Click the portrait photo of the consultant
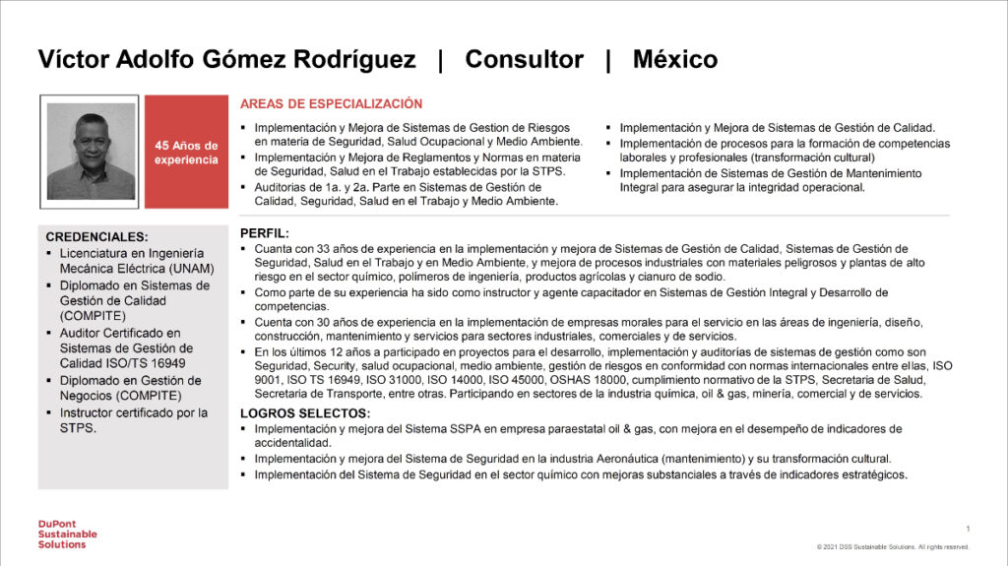click(x=91, y=152)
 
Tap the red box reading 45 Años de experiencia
click(x=186, y=152)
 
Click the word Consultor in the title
click(x=524, y=59)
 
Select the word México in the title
click(x=674, y=59)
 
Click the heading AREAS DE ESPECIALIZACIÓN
click(x=332, y=103)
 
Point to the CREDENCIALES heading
click(x=96, y=237)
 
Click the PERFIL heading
click(x=265, y=234)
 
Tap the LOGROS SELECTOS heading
click(x=305, y=413)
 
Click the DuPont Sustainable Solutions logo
click(x=61, y=533)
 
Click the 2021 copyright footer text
click(x=893, y=547)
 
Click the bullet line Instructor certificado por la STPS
click(x=133, y=420)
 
